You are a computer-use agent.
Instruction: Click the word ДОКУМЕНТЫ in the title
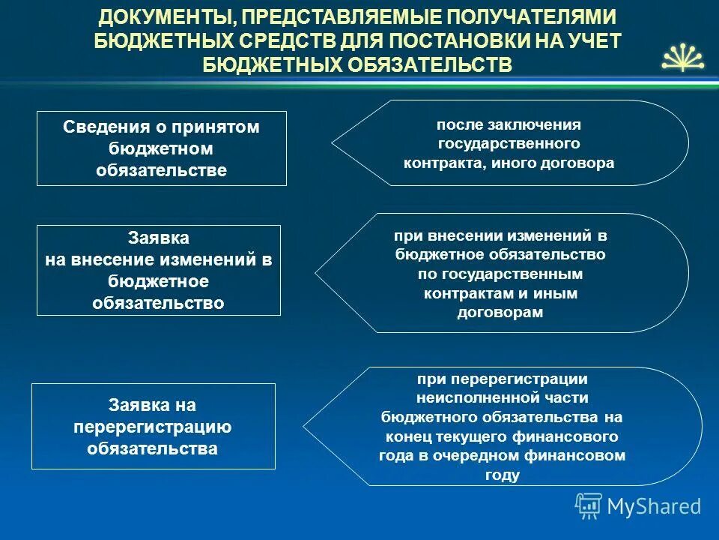click(x=162, y=16)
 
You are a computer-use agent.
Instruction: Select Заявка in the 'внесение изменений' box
click(x=159, y=238)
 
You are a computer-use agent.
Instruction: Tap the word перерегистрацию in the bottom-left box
click(x=153, y=427)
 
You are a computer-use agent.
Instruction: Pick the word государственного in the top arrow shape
click(x=508, y=143)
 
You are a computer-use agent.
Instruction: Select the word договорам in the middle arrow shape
click(x=500, y=313)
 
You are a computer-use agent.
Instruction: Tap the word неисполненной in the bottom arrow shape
click(x=502, y=397)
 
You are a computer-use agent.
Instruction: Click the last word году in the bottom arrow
click(x=502, y=475)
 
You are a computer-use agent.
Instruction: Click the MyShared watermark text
click(x=654, y=506)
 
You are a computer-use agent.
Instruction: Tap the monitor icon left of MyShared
click(x=588, y=505)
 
